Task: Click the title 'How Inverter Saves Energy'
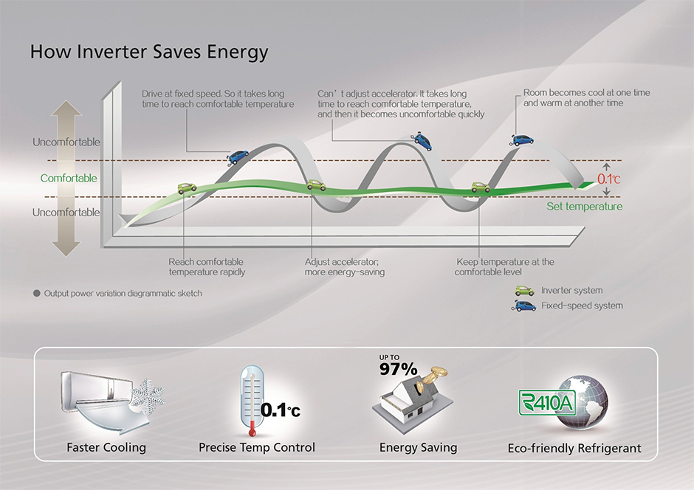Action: pos(149,52)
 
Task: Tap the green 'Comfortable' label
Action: pos(69,179)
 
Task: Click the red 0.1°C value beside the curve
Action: pos(609,179)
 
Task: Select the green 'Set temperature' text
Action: pos(584,207)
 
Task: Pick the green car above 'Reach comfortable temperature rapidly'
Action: pos(187,188)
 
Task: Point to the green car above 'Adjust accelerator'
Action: pos(316,184)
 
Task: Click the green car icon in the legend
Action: pos(524,291)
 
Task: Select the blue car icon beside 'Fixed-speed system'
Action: pos(524,306)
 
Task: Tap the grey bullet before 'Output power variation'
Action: pos(37,293)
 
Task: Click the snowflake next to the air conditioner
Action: pos(148,393)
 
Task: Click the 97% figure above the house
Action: pos(399,369)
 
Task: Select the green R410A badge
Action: pos(547,402)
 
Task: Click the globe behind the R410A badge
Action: pos(582,402)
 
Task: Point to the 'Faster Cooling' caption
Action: pos(106,447)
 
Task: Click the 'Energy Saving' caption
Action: pos(419,447)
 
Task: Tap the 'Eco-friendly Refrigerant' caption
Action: pos(574,449)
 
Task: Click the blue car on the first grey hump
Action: pos(238,156)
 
